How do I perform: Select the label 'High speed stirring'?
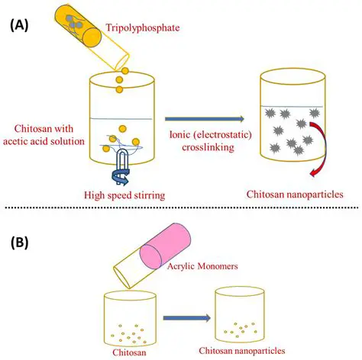click(x=124, y=194)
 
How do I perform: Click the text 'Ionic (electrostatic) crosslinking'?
click(x=204, y=140)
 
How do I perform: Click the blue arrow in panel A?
click(x=204, y=119)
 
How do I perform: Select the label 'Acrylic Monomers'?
click(x=197, y=266)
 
